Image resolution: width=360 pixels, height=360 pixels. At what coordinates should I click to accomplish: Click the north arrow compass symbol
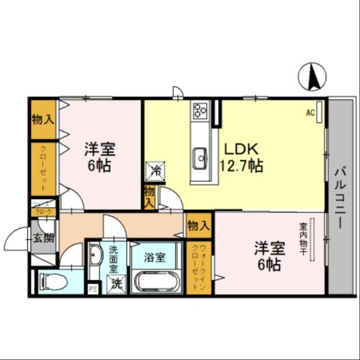(x=312, y=76)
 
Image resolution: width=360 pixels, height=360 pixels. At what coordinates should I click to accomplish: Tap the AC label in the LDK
(x=310, y=113)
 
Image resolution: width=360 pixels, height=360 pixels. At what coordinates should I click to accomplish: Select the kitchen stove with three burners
(x=199, y=110)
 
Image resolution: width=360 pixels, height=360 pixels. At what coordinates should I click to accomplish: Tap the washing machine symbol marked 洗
(x=116, y=283)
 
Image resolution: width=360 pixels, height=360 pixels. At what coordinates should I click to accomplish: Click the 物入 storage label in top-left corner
(x=43, y=120)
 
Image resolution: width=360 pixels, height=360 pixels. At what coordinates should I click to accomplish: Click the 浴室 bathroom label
(x=155, y=258)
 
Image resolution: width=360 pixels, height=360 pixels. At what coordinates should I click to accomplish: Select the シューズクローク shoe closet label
(x=43, y=207)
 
